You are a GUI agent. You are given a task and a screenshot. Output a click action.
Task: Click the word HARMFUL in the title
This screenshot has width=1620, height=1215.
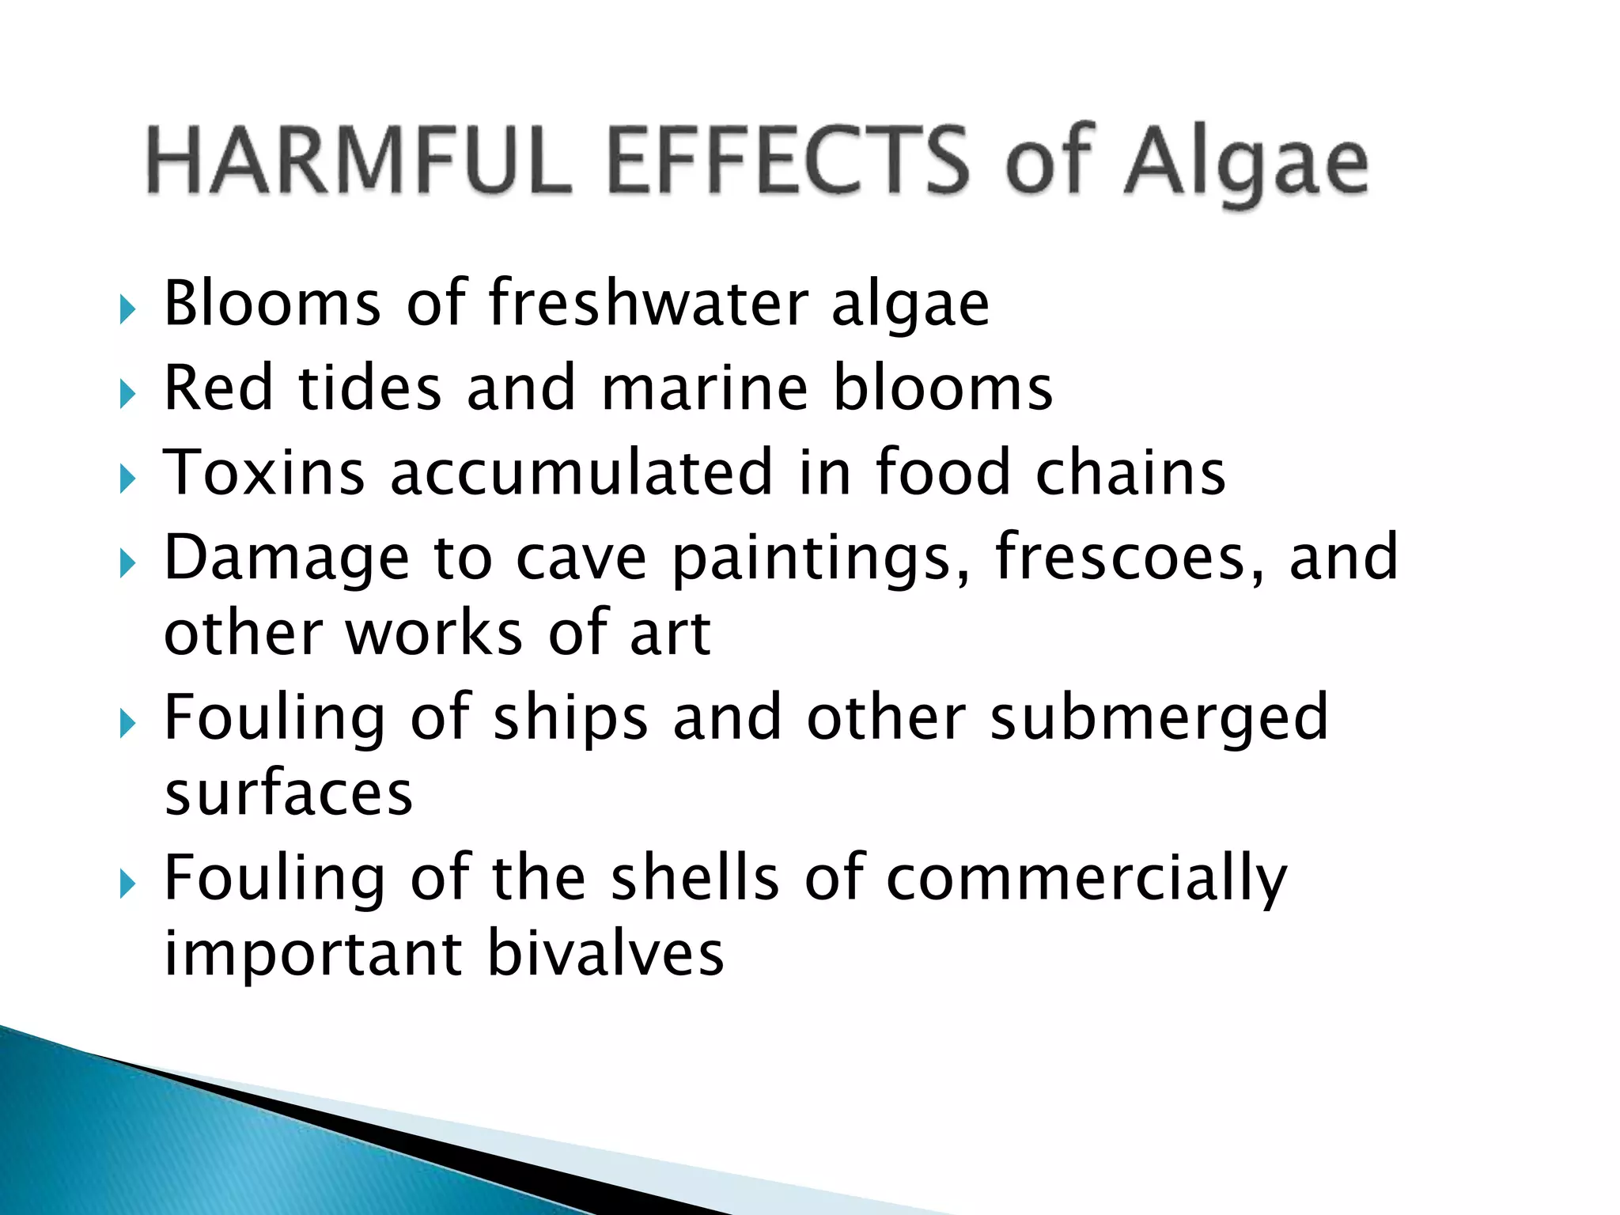coord(360,161)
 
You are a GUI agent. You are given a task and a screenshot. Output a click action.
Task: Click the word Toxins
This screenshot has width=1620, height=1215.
coord(264,472)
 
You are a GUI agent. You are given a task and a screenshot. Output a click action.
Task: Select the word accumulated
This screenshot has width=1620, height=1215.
coord(581,472)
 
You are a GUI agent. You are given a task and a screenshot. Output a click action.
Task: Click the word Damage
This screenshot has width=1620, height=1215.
coord(287,558)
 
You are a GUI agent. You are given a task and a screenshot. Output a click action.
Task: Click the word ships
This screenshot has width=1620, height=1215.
coord(570,718)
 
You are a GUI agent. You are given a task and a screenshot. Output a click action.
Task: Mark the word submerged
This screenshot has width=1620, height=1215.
coord(1159,718)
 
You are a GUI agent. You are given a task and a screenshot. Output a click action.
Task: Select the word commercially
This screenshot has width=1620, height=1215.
coord(1087,880)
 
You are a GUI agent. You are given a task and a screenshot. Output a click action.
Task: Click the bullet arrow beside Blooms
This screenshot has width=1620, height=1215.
coord(128,310)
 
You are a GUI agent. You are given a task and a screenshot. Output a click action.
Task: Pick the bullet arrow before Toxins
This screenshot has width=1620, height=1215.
coord(128,479)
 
